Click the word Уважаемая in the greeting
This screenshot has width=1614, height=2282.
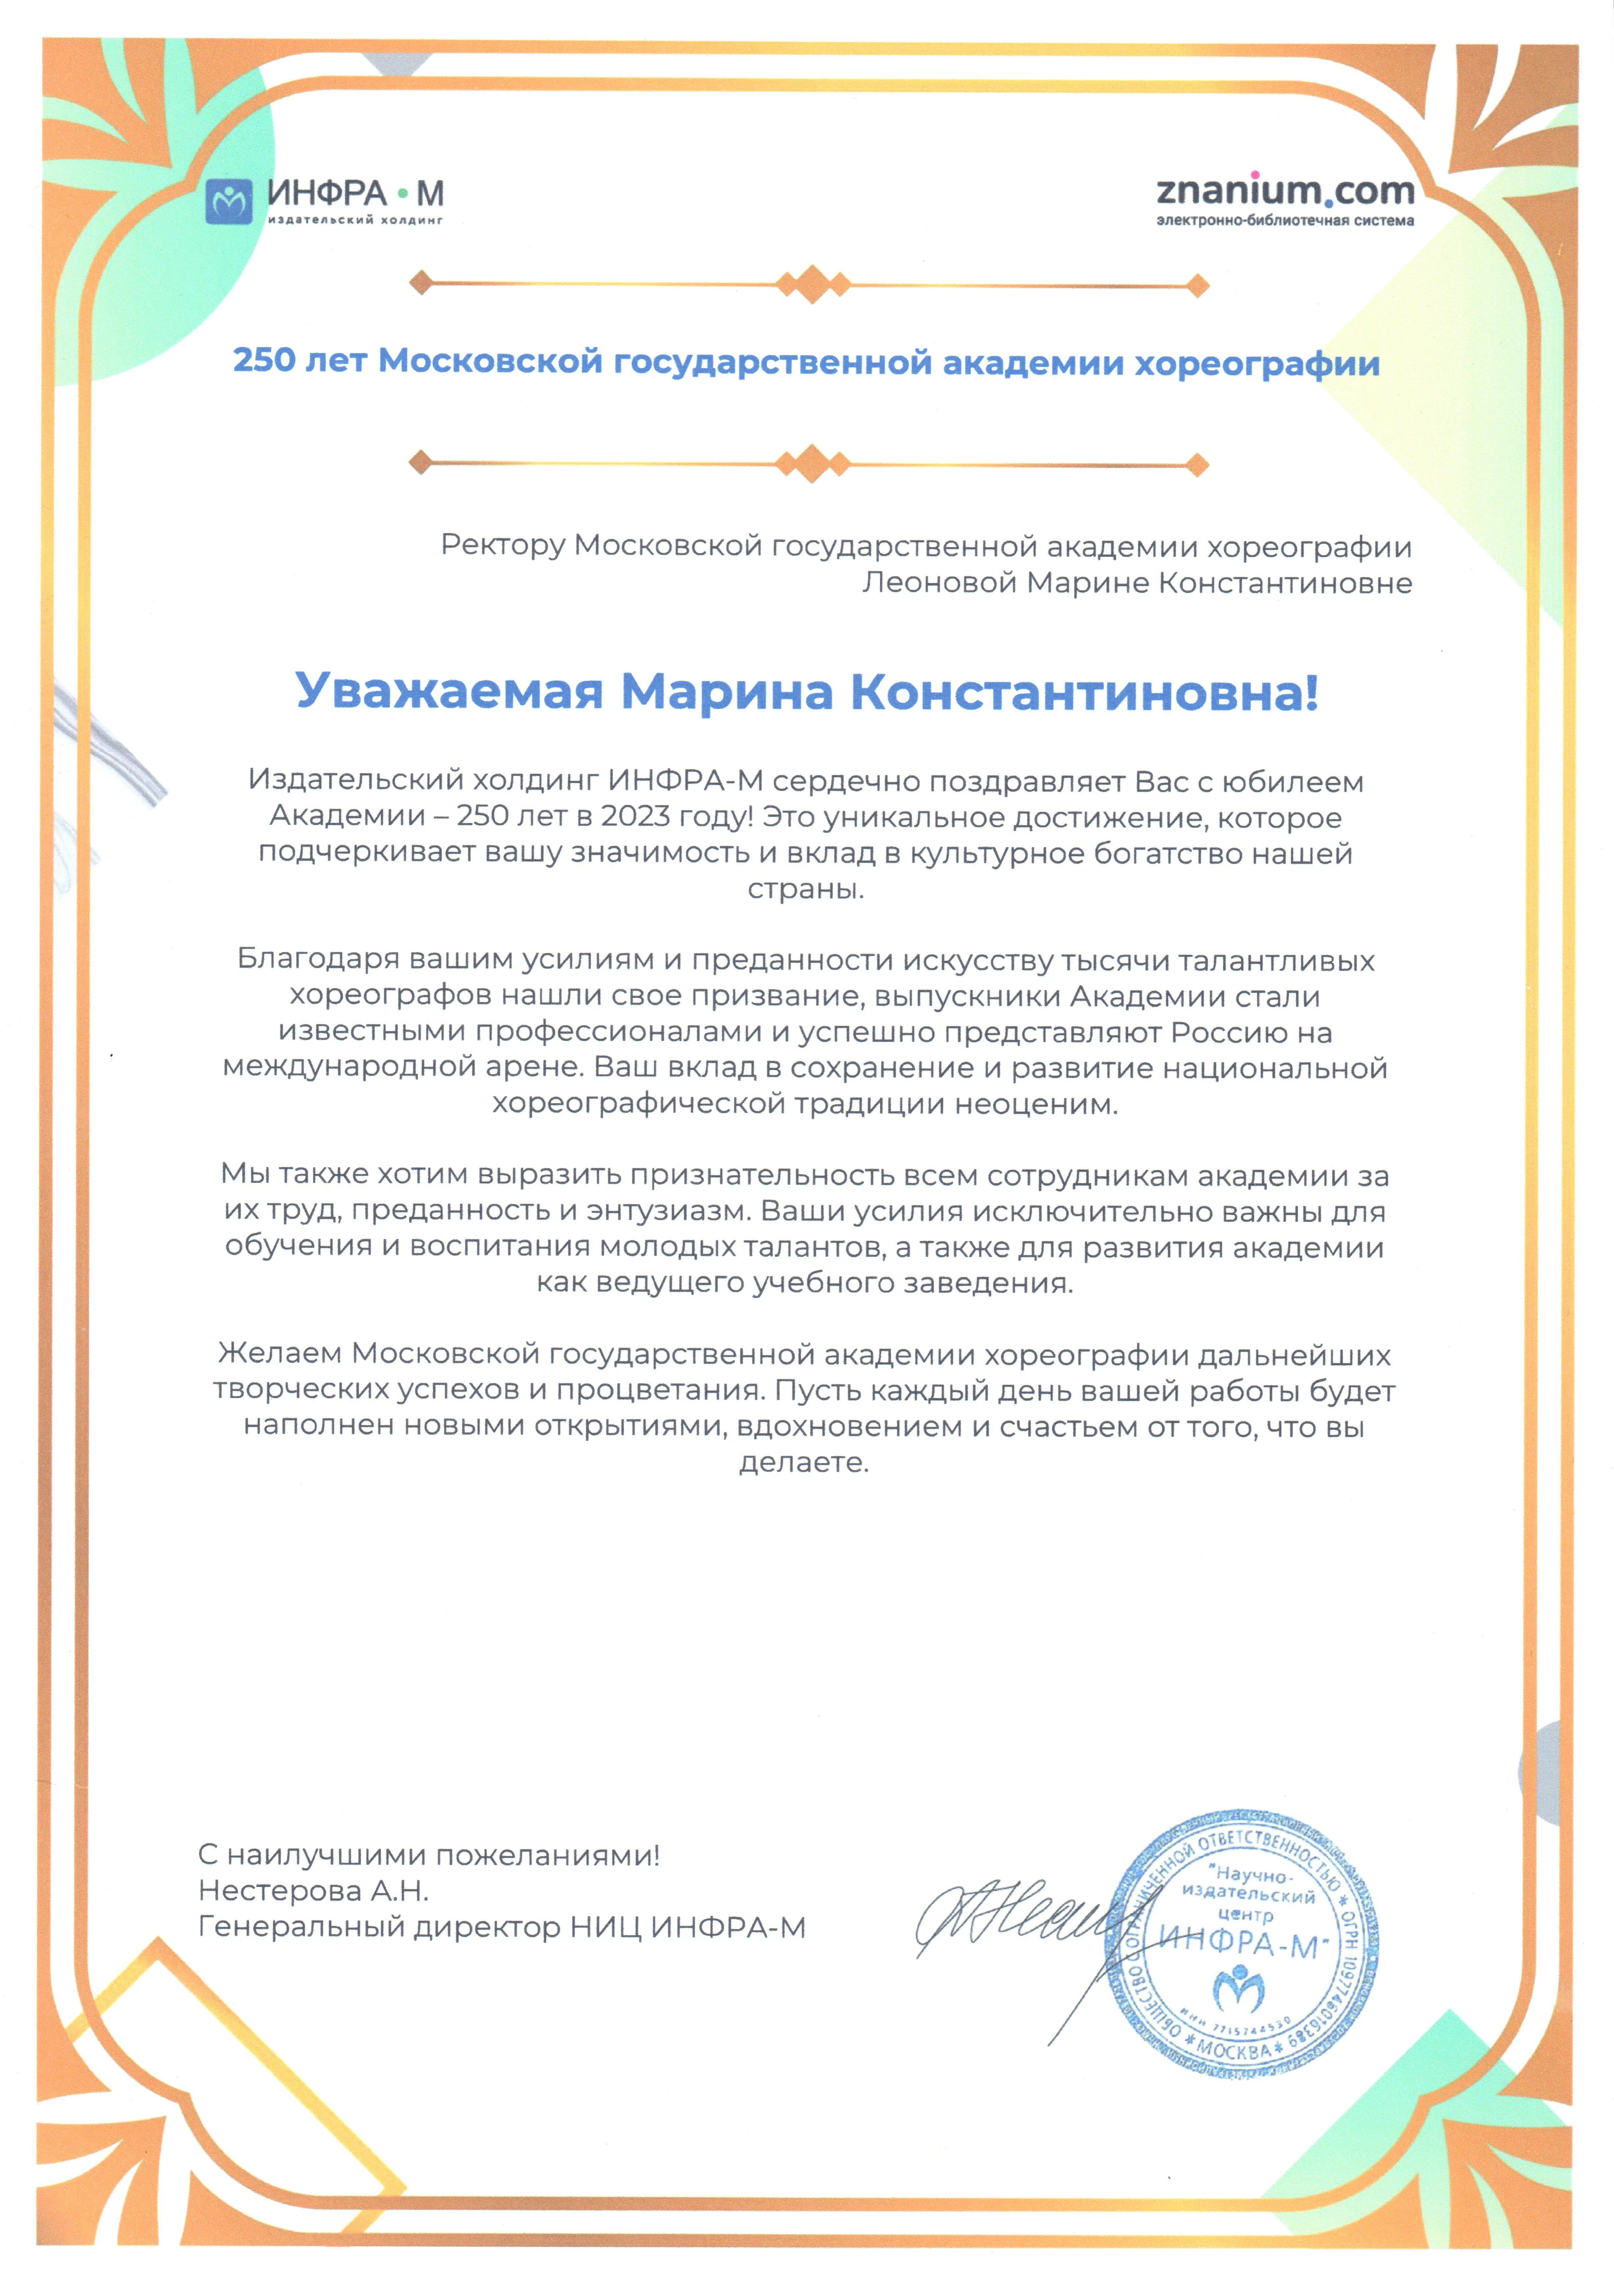point(449,692)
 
